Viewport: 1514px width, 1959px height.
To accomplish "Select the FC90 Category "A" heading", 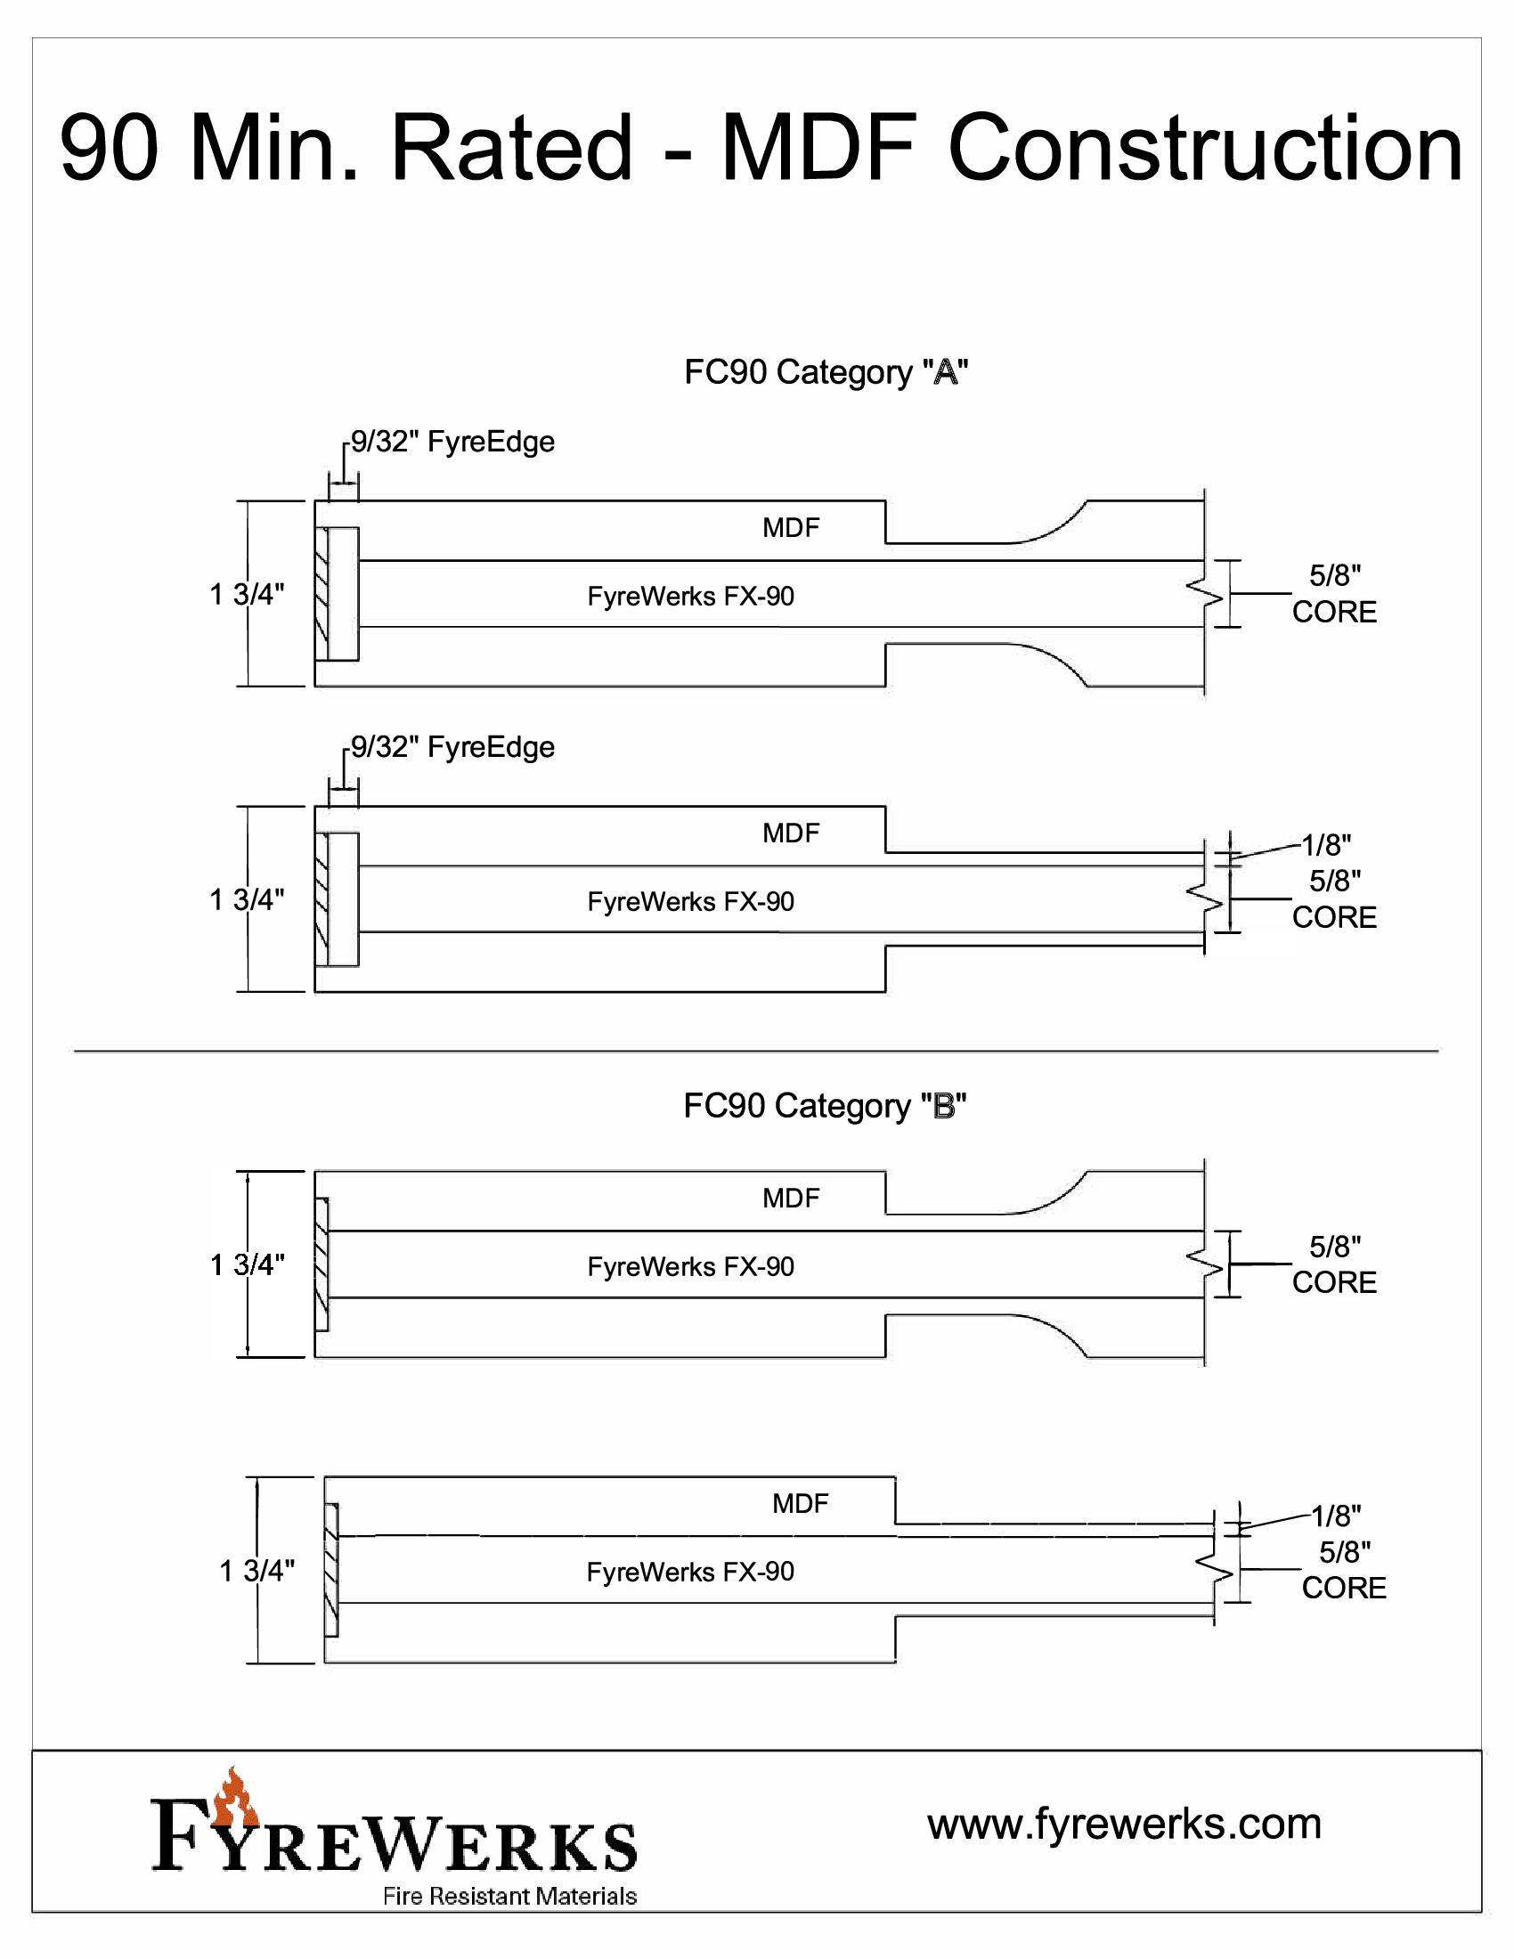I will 826,372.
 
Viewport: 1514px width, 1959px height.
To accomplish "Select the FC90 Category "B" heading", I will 825,1106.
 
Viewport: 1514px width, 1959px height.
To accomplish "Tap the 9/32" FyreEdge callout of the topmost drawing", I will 452,442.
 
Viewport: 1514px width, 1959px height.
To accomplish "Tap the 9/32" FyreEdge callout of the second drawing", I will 452,747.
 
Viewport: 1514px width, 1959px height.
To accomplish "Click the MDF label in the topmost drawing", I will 790,527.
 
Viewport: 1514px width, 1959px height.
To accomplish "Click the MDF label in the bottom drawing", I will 800,1503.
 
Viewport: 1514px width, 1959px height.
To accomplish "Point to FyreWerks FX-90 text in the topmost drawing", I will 690,597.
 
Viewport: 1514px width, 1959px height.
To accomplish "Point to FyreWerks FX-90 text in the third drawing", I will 690,1266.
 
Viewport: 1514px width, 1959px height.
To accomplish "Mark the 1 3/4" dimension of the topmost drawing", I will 247,594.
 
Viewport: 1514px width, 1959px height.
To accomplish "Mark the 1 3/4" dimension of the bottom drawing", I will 256,1571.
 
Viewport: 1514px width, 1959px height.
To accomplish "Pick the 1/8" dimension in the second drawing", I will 1326,845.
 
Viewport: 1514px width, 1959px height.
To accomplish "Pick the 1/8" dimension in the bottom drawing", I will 1336,1516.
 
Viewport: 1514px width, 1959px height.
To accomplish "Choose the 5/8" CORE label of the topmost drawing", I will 1334,594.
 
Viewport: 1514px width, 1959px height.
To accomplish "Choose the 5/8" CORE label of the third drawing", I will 1334,1264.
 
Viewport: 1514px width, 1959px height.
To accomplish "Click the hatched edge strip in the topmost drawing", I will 322,594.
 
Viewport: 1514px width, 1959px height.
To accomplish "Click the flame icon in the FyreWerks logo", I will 235,1800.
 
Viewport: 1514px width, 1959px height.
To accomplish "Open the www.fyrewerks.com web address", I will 1124,1824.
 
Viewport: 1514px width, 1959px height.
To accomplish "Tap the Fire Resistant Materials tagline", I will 509,1896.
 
